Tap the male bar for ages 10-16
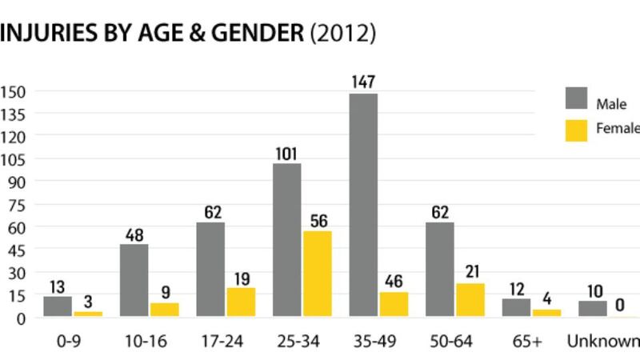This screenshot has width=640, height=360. click(x=134, y=281)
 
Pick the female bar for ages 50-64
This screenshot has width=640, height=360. click(x=469, y=300)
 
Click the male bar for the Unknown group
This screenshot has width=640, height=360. click(x=593, y=309)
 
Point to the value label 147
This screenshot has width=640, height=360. click(x=363, y=82)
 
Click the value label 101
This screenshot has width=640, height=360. click(x=286, y=152)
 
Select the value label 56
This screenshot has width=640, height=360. click(x=318, y=220)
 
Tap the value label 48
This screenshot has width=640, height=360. click(x=134, y=235)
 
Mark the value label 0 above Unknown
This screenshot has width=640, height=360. click(x=619, y=305)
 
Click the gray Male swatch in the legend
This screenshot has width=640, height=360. click(x=576, y=98)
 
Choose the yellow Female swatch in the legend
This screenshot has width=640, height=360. click(x=576, y=130)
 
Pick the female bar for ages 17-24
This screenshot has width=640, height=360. click(x=241, y=302)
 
